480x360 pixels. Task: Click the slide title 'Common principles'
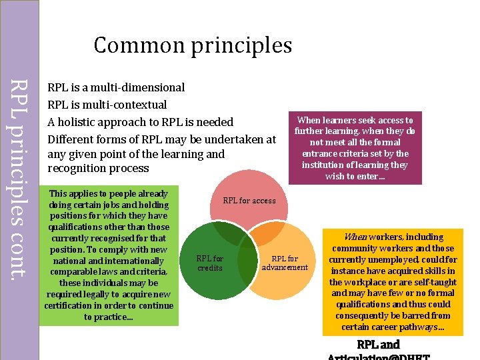[193, 45]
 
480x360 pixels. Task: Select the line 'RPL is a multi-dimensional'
[116, 87]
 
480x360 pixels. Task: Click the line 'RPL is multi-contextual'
[107, 105]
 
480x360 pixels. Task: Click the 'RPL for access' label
[249, 201]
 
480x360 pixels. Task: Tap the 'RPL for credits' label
[209, 263]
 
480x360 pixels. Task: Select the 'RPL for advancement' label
[285, 263]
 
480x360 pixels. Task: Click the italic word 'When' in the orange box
[355, 237]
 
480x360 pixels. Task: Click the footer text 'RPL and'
[378, 345]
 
